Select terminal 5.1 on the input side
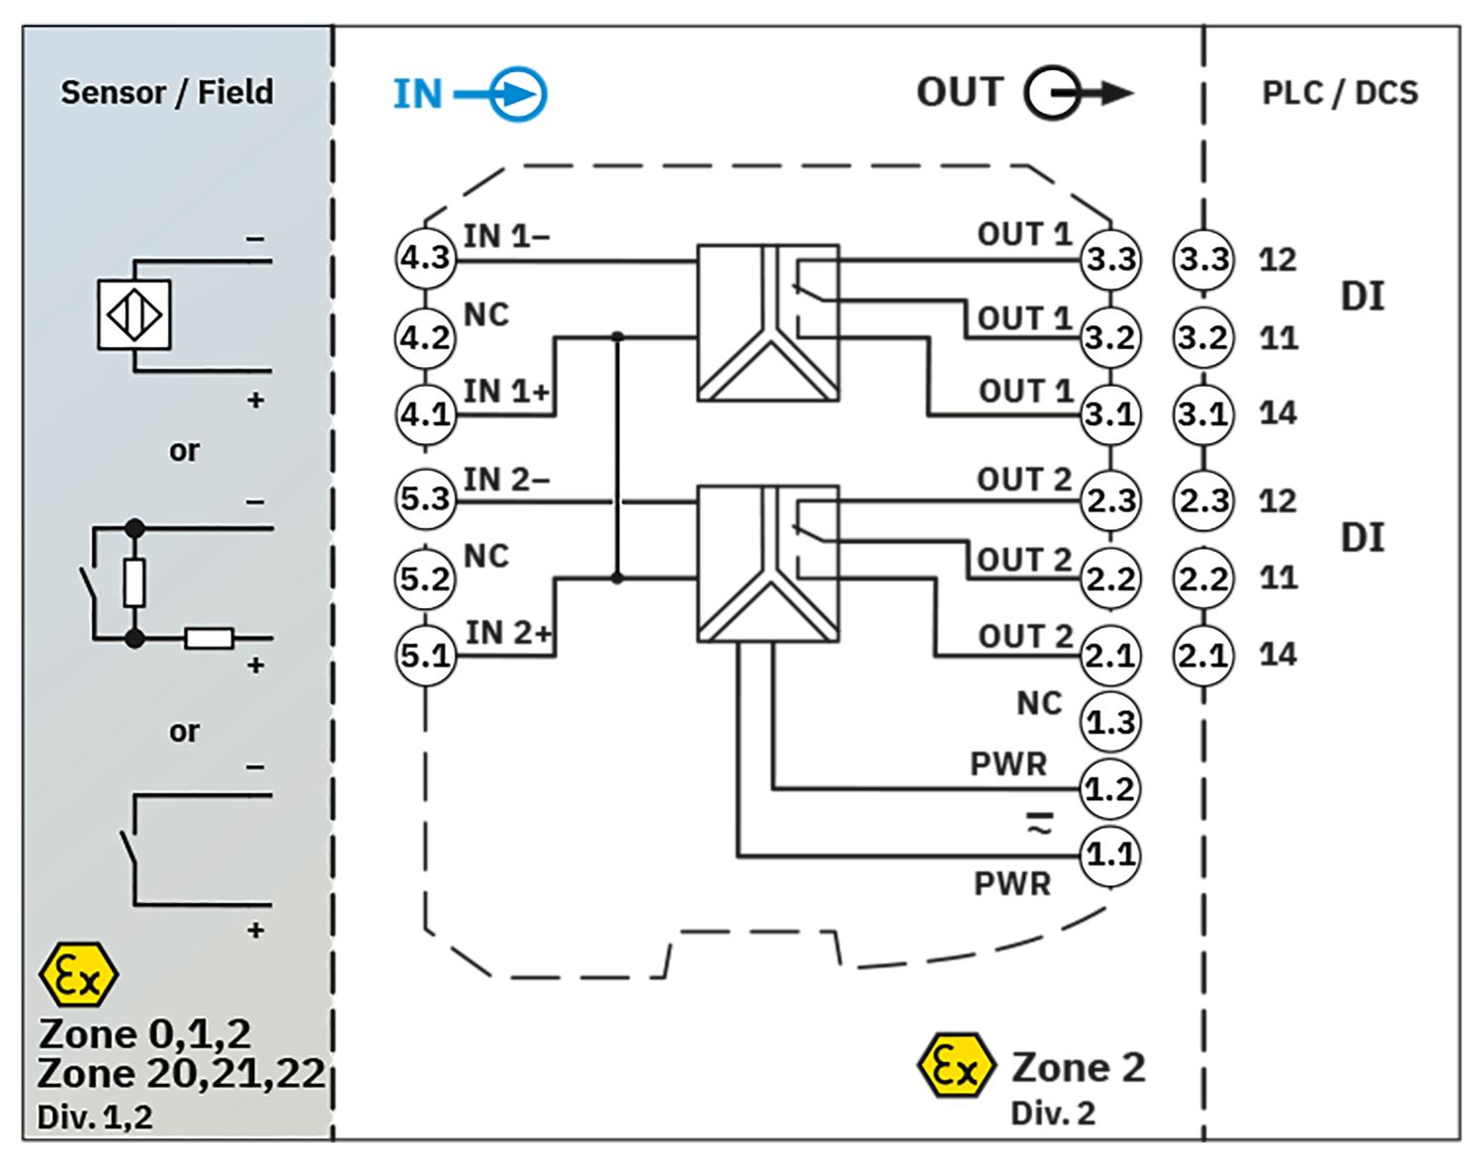point(426,656)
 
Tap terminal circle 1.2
point(1110,789)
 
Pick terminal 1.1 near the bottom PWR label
point(1110,855)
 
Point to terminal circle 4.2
point(424,338)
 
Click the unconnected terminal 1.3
point(1110,723)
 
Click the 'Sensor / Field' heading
point(167,92)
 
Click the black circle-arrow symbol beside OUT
point(1079,93)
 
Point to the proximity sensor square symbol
point(133,314)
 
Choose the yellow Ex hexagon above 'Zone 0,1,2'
point(78,974)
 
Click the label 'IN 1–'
point(506,236)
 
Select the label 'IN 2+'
point(508,633)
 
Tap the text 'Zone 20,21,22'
point(181,1073)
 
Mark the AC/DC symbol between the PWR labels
point(1040,824)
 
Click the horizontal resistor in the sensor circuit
point(210,640)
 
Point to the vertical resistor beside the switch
point(134,582)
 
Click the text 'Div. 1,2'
point(95,1117)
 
